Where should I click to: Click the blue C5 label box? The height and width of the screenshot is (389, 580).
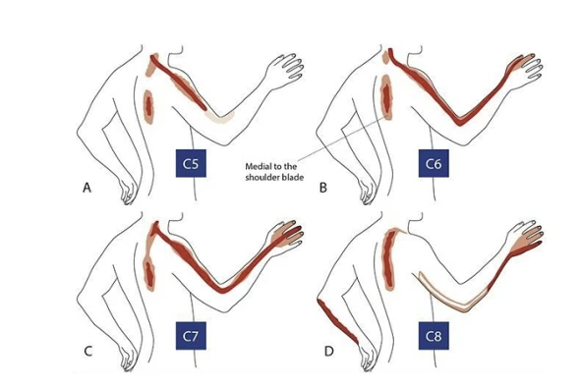pyautogui.click(x=191, y=163)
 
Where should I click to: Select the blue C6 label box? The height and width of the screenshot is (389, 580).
pyautogui.click(x=434, y=163)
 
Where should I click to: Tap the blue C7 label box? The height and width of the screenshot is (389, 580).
pyautogui.click(x=191, y=336)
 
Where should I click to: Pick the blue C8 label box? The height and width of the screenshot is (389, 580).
pyautogui.click(x=434, y=336)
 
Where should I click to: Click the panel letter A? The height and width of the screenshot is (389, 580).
pyautogui.click(x=87, y=188)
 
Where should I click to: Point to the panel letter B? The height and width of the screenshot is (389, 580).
pyautogui.click(x=322, y=188)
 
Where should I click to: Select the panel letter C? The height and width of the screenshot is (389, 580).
pyautogui.click(x=87, y=351)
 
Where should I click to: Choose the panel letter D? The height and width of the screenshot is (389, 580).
pyautogui.click(x=329, y=351)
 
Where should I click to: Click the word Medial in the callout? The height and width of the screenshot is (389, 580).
pyautogui.click(x=259, y=166)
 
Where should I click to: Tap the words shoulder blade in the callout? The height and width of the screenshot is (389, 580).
pyautogui.click(x=274, y=178)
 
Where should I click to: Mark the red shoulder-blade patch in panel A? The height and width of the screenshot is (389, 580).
pyautogui.click(x=148, y=106)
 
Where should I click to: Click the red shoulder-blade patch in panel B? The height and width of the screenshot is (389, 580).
pyautogui.click(x=386, y=97)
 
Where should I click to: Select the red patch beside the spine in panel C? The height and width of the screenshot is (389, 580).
pyautogui.click(x=149, y=274)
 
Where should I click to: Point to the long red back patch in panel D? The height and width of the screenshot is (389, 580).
pyautogui.click(x=388, y=258)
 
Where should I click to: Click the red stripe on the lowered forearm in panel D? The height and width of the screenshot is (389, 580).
pyautogui.click(x=337, y=321)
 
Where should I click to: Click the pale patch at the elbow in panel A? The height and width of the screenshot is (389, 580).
pyautogui.click(x=220, y=117)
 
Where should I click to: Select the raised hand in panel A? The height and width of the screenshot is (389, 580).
pyautogui.click(x=284, y=71)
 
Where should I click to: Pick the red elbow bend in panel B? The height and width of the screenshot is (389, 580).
pyautogui.click(x=459, y=121)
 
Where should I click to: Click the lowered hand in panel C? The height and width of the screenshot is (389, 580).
pyautogui.click(x=128, y=358)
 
